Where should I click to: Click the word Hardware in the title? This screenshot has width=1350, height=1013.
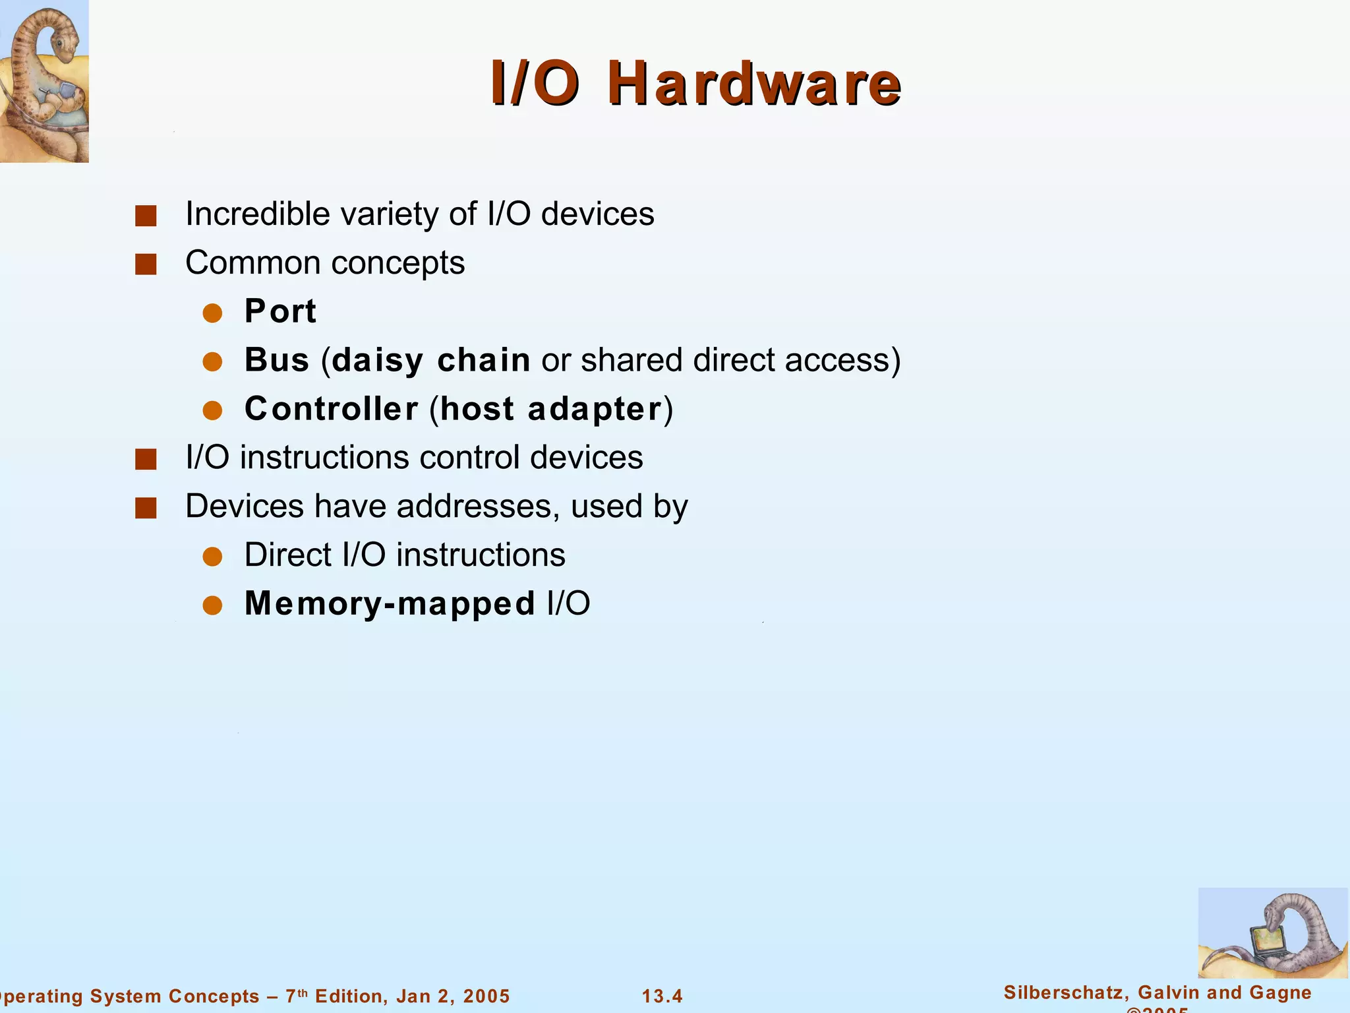click(754, 84)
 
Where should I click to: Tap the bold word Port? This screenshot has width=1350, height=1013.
click(280, 311)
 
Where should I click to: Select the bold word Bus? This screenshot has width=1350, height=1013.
click(277, 360)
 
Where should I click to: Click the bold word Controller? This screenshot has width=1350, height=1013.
click(331, 409)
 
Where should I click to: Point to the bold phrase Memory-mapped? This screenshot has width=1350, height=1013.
click(390, 603)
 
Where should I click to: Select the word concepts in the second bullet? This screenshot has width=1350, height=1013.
click(398, 262)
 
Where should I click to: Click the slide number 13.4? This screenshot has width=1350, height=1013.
click(662, 996)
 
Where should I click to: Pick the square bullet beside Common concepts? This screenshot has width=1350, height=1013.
click(146, 264)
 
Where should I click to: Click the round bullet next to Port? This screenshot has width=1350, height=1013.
click(212, 313)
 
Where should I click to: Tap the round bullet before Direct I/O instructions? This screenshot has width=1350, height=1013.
click(212, 557)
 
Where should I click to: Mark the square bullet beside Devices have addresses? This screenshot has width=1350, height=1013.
click(146, 508)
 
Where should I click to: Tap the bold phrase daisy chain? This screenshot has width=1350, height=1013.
click(431, 360)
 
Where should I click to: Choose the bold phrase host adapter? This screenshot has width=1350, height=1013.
click(551, 409)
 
